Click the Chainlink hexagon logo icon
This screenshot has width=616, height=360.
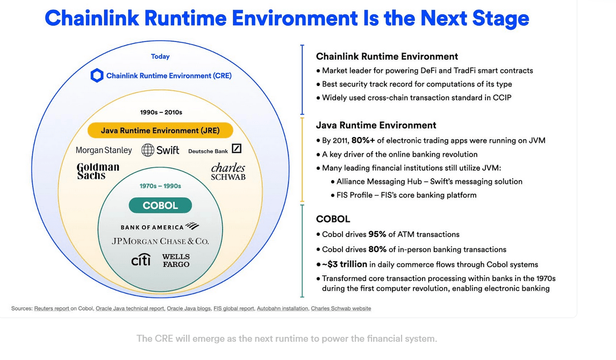pos(97,75)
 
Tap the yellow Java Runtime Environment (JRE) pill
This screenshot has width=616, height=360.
pos(160,131)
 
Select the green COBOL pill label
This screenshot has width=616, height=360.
pos(160,205)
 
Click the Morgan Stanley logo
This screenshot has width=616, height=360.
pos(104,150)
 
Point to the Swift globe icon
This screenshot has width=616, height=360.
pos(148,150)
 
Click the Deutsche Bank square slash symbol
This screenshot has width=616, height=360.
pos(237,148)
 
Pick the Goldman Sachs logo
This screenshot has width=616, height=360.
pos(98,171)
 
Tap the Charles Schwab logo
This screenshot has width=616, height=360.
pos(228,171)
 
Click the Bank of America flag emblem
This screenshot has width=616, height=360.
pos(192,226)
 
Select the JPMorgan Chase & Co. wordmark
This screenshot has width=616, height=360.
pos(160,241)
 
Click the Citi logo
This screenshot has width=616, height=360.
pos(141,260)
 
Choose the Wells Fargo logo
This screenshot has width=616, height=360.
pos(176,260)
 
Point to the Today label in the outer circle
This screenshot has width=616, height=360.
pos(160,56)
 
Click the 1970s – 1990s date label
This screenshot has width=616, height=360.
pos(160,186)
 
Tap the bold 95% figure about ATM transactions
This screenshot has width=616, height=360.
pos(377,234)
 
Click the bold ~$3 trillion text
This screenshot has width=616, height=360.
pos(345,264)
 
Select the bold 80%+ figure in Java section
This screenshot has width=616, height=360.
pos(363,140)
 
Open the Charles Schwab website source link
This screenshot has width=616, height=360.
pos(341,308)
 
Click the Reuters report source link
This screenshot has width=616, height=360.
pos(52,308)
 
